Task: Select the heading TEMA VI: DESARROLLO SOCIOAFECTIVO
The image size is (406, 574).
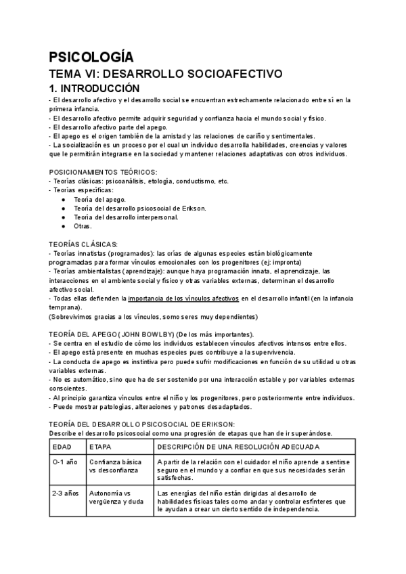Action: (165, 74)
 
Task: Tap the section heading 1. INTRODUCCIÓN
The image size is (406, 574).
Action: (94, 89)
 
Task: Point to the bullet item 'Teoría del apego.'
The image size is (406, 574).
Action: (99, 200)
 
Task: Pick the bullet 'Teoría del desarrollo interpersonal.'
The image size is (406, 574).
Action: (127, 217)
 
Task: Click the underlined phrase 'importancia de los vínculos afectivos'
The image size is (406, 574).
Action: (183, 298)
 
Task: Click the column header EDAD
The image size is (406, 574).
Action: (64, 448)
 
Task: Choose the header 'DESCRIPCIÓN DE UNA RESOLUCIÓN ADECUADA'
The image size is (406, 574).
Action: (234, 448)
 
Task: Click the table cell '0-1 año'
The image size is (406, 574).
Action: (66, 462)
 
